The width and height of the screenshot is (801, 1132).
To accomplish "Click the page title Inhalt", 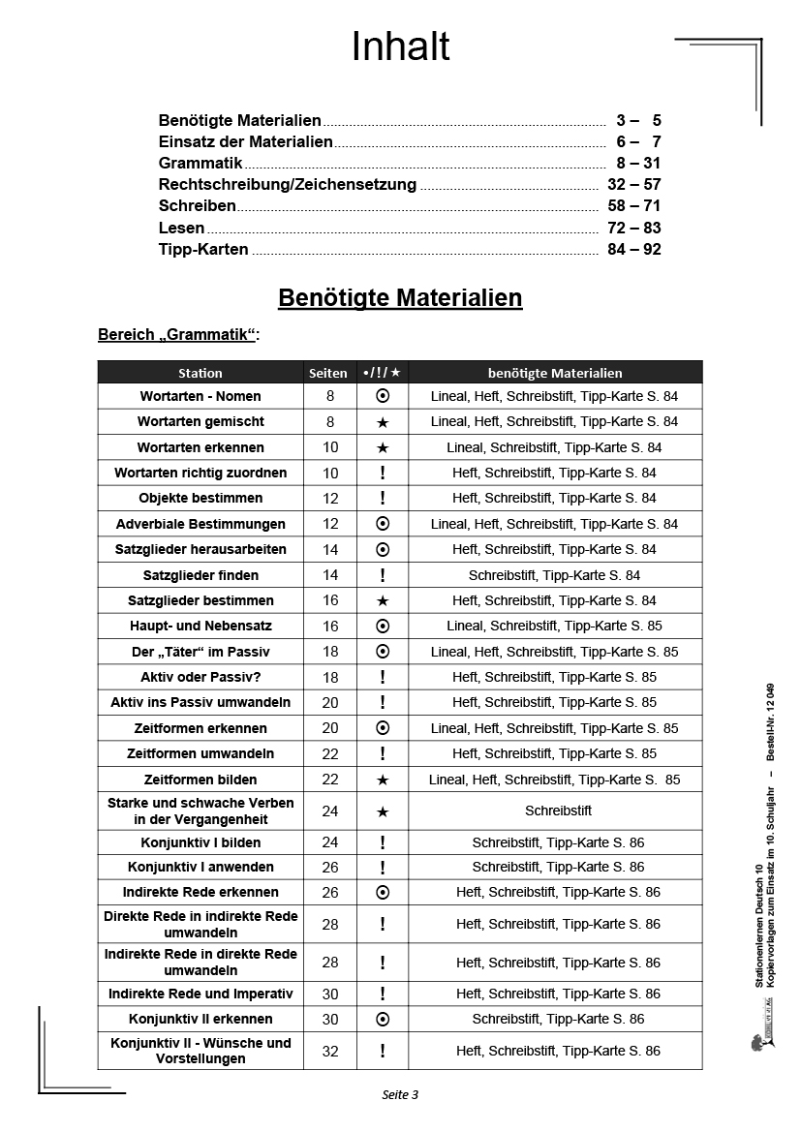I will click(x=400, y=46).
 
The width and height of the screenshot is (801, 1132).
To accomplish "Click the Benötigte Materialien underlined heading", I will click(x=400, y=297).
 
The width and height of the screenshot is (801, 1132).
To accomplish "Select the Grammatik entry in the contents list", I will click(x=200, y=164).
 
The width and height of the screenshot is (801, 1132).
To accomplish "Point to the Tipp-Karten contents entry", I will click(x=203, y=249).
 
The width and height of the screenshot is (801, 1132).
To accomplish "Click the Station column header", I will click(x=200, y=373).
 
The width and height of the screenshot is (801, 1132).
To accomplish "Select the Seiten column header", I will click(x=328, y=373).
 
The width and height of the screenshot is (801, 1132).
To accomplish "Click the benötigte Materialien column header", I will click(x=555, y=373).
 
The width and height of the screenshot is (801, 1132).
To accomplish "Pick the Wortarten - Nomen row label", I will click(x=200, y=396).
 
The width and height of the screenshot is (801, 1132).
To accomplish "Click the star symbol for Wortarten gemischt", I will click(x=383, y=422).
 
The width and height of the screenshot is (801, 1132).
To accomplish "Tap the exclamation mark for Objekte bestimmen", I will click(x=383, y=498).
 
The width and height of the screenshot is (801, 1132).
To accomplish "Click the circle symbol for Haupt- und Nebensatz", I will click(x=383, y=626).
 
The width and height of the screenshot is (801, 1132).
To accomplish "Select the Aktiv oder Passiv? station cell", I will click(x=200, y=677).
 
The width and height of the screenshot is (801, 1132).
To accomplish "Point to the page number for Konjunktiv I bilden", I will click(x=330, y=842).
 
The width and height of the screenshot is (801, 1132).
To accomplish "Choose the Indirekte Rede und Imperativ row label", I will click(x=200, y=994).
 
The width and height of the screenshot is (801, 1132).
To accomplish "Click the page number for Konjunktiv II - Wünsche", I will click(x=330, y=1051).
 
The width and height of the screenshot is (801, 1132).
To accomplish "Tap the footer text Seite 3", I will click(x=400, y=1095).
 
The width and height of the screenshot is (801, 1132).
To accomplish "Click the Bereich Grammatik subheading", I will click(x=179, y=335).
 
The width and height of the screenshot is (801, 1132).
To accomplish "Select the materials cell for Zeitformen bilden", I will click(x=555, y=780).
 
